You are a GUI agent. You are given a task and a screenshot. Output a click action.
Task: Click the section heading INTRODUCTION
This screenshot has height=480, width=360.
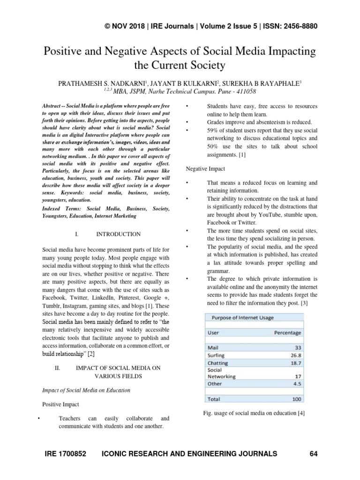click(x=118, y=234)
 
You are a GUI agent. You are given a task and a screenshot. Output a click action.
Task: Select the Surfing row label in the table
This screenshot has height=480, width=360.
click(x=216, y=355)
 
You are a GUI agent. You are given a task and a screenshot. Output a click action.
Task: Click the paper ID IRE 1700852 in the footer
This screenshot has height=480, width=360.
click(x=66, y=454)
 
